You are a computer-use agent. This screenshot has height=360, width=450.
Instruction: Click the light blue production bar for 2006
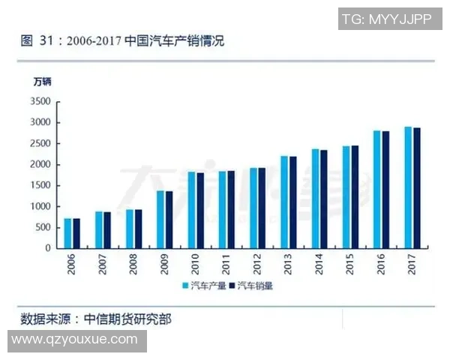pyautogui.click(x=67, y=233)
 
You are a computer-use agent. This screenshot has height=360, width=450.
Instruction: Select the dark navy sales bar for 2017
pyautogui.click(x=416, y=187)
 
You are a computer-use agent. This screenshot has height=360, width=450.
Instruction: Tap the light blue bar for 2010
pyautogui.click(x=191, y=210)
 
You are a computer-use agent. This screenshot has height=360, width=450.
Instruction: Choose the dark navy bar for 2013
pyautogui.click(x=292, y=202)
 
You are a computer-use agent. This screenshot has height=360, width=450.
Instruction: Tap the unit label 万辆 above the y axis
pyautogui.click(x=43, y=81)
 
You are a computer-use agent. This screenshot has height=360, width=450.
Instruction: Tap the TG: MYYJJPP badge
pyautogui.click(x=386, y=19)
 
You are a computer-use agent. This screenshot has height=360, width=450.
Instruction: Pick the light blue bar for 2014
pyautogui.click(x=315, y=198)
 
